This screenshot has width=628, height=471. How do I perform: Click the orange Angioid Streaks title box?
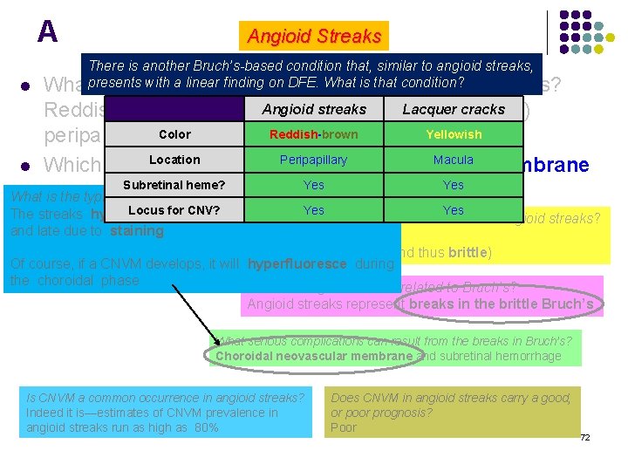pyautogui.click(x=314, y=36)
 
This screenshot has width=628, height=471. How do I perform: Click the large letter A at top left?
pyautogui.click(x=47, y=32)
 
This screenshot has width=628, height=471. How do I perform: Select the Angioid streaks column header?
pyautogui.click(x=314, y=109)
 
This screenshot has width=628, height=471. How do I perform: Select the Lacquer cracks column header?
pyautogui.click(x=453, y=109)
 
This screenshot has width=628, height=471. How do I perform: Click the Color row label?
pyautogui.click(x=174, y=134)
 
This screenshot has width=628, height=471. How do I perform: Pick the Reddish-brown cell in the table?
pyautogui.click(x=314, y=134)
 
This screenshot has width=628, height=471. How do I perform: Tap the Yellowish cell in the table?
pyautogui.click(x=453, y=134)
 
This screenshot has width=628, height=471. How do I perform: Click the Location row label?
pyautogui.click(x=174, y=160)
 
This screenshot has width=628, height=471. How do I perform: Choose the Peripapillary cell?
pyautogui.click(x=314, y=160)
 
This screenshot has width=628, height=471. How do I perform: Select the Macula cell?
pyautogui.click(x=453, y=160)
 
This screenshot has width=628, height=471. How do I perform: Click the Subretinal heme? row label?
pyautogui.click(x=174, y=185)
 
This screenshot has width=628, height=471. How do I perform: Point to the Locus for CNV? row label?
pyautogui.click(x=174, y=210)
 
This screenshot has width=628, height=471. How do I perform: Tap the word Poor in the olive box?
pyautogui.click(x=344, y=427)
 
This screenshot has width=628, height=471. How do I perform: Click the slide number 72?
pyautogui.click(x=585, y=437)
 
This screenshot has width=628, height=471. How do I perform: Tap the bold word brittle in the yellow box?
pyautogui.click(x=468, y=253)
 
